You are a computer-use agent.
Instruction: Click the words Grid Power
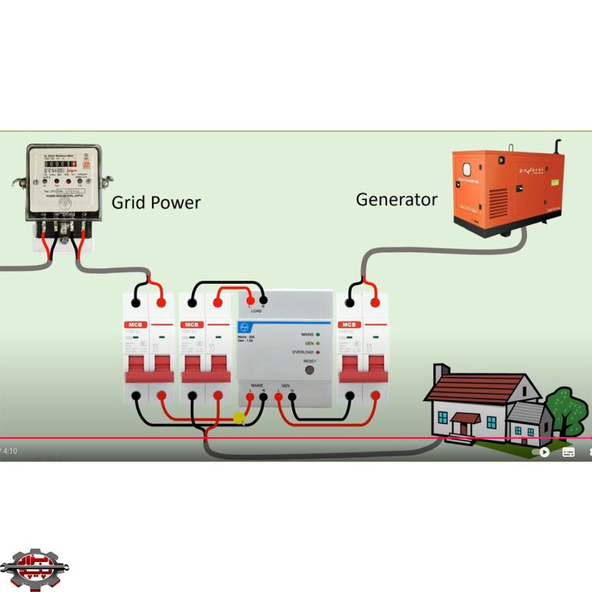pyautogui.click(x=156, y=203)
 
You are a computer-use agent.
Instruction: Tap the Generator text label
pyautogui.click(x=396, y=200)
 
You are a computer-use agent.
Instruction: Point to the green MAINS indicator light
pyautogui.click(x=318, y=335)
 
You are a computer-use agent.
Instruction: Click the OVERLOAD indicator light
pyautogui.click(x=318, y=352)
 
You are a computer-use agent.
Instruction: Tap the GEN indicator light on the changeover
pyautogui.click(x=318, y=343)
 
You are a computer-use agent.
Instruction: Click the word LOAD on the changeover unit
pyautogui.click(x=256, y=311)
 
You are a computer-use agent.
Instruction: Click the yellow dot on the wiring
pyautogui.click(x=239, y=418)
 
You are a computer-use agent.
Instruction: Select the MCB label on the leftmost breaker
pyautogui.click(x=136, y=325)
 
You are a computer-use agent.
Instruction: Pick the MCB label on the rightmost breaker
pyautogui.click(x=349, y=325)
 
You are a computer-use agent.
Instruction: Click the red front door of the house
pyautogui.click(x=465, y=426)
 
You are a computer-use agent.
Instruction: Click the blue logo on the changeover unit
pyautogui.click(x=244, y=327)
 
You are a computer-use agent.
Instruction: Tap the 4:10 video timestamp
pyautogui.click(x=10, y=451)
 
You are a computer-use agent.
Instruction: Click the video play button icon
pyautogui.click(x=544, y=452)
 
